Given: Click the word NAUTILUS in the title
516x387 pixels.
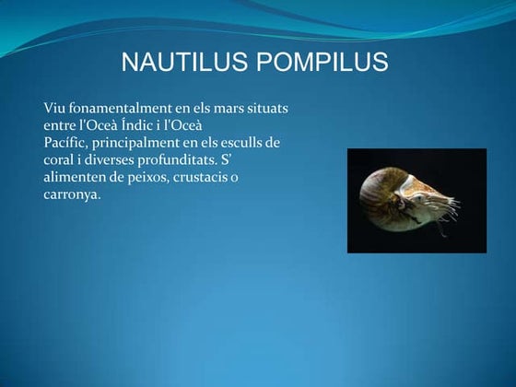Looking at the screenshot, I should tap(183, 63).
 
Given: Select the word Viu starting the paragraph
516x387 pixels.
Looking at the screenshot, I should tap(55, 109).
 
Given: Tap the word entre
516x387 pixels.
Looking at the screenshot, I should tap(62, 125).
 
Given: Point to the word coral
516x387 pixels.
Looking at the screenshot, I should tap(60, 159).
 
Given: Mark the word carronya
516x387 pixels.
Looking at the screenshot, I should tap(71, 194).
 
